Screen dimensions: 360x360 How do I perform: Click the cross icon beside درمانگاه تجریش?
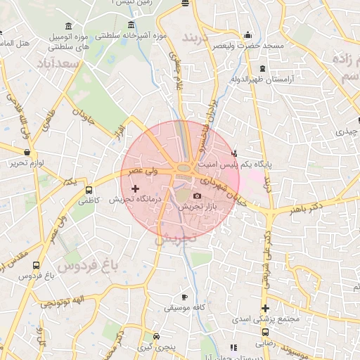[136, 188]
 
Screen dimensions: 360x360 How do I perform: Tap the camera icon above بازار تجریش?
[197, 195]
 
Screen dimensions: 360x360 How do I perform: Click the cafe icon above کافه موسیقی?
[184, 297]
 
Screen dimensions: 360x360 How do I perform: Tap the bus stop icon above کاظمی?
[89, 190]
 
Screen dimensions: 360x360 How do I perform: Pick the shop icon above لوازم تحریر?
[27, 152]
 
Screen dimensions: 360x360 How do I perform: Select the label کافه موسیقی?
[184, 308]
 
